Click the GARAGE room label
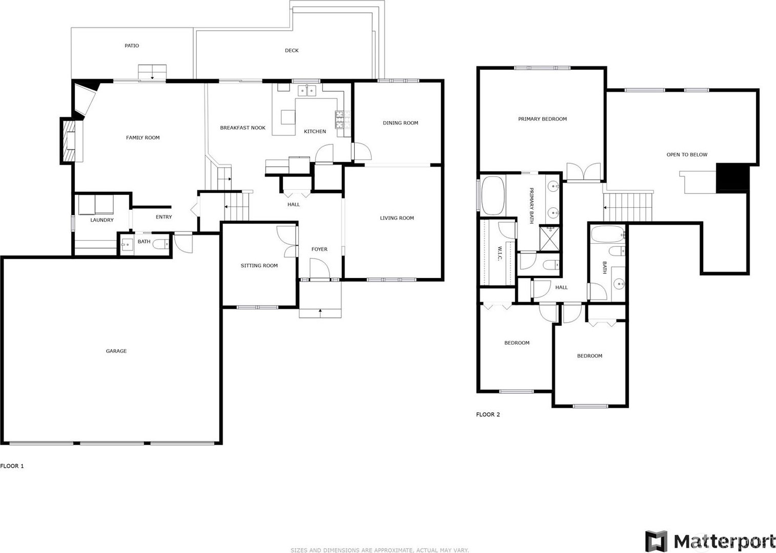[x=116, y=351]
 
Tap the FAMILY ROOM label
[x=142, y=137]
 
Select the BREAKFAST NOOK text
[x=242, y=128]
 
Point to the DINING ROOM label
[x=400, y=123]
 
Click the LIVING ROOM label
[x=397, y=218]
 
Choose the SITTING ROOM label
[x=259, y=266]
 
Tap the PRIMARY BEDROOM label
[x=542, y=119]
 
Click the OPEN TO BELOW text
[x=687, y=154]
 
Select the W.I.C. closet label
[x=500, y=254]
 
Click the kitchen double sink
[x=307, y=90]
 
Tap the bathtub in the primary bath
[x=492, y=195]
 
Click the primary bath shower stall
[x=549, y=238]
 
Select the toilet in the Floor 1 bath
[x=161, y=244]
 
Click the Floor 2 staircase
[x=628, y=207]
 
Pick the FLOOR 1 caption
[x=12, y=466]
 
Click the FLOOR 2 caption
[x=488, y=414]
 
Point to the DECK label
[x=291, y=50]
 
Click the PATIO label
[x=132, y=46]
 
